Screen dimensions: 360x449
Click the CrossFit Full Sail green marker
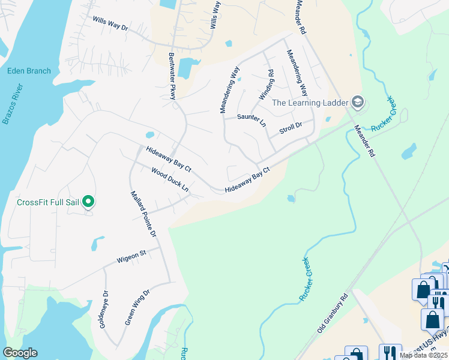click(x=88, y=202)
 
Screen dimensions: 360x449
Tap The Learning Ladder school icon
click(x=358, y=102)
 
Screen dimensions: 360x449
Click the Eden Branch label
click(x=29, y=71)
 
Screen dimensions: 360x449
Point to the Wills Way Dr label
click(x=111, y=23)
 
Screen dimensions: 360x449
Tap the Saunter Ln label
click(x=252, y=120)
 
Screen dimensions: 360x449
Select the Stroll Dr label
click(x=289, y=128)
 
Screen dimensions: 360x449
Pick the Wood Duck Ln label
click(x=170, y=180)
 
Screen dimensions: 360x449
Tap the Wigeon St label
click(x=131, y=257)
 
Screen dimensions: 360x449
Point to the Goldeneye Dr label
click(x=103, y=309)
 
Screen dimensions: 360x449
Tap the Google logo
click(x=20, y=353)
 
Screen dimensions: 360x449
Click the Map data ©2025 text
click(x=423, y=355)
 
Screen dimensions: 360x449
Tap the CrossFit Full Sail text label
click(x=49, y=202)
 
